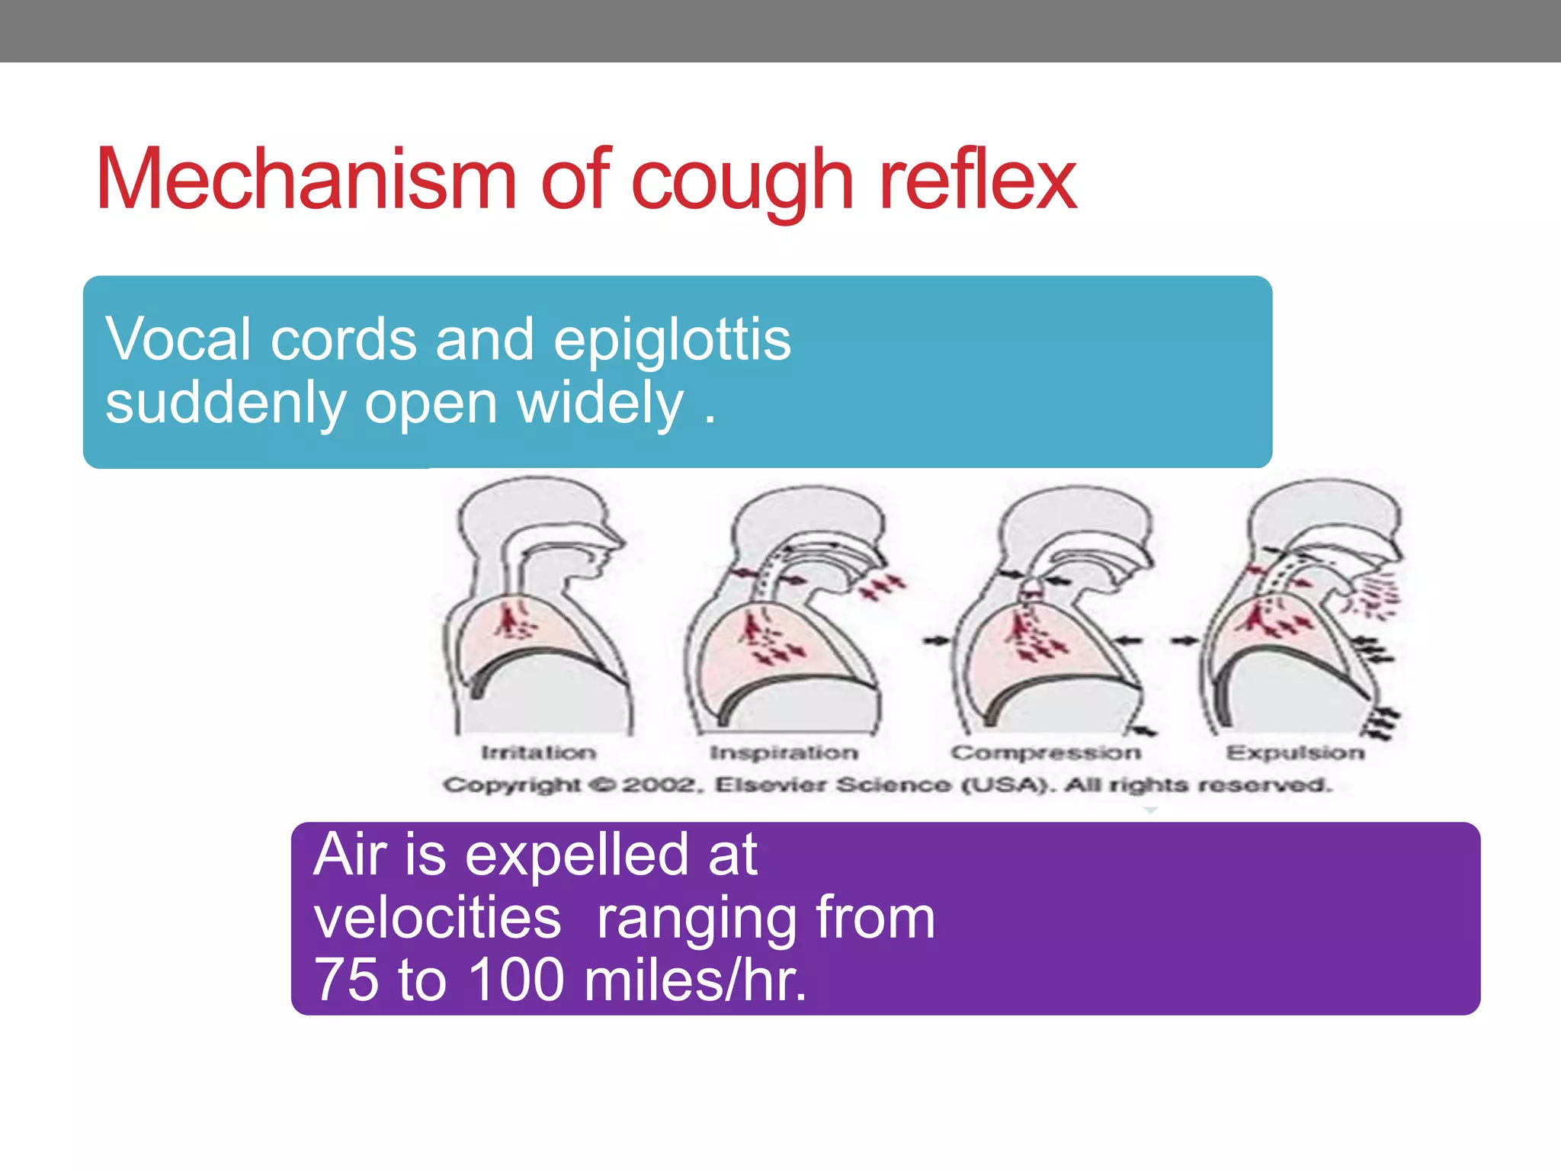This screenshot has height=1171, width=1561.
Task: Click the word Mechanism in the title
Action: pos(306,180)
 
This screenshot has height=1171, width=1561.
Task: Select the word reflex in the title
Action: pos(977,180)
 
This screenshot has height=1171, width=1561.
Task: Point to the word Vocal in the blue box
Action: pos(178,339)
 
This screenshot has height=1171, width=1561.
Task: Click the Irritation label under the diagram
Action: pos(538,752)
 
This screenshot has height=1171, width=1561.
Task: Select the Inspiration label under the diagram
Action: pos(784,752)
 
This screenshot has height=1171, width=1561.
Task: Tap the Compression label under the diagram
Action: pos(1045,752)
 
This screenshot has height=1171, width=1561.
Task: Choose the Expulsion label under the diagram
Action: pos(1295,752)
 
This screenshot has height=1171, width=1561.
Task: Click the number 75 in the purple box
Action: pos(346,980)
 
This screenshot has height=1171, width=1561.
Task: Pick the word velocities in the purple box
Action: pos(438,918)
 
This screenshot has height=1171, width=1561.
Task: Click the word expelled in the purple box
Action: pos(578,855)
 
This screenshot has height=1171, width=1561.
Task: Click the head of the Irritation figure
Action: pos(534,518)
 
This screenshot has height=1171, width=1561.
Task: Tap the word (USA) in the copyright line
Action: pos(1008,784)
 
